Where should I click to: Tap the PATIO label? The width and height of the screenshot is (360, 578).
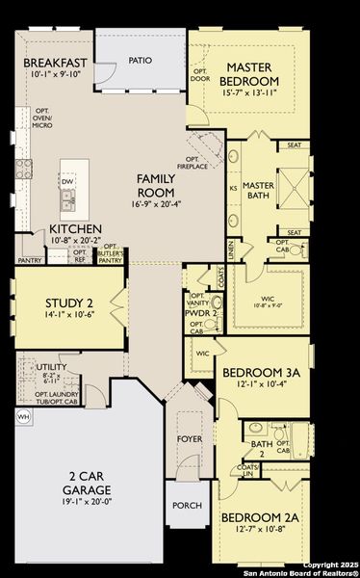pyautogui.click(x=141, y=59)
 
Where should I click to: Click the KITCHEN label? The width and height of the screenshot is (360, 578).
pyautogui.click(x=77, y=229)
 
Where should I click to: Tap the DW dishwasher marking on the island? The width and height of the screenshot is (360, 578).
pyautogui.click(x=66, y=181)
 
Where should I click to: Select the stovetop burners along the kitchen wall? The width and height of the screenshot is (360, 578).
pyautogui.click(x=24, y=171)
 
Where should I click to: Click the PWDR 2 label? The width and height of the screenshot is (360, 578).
pyautogui.click(x=201, y=313)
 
